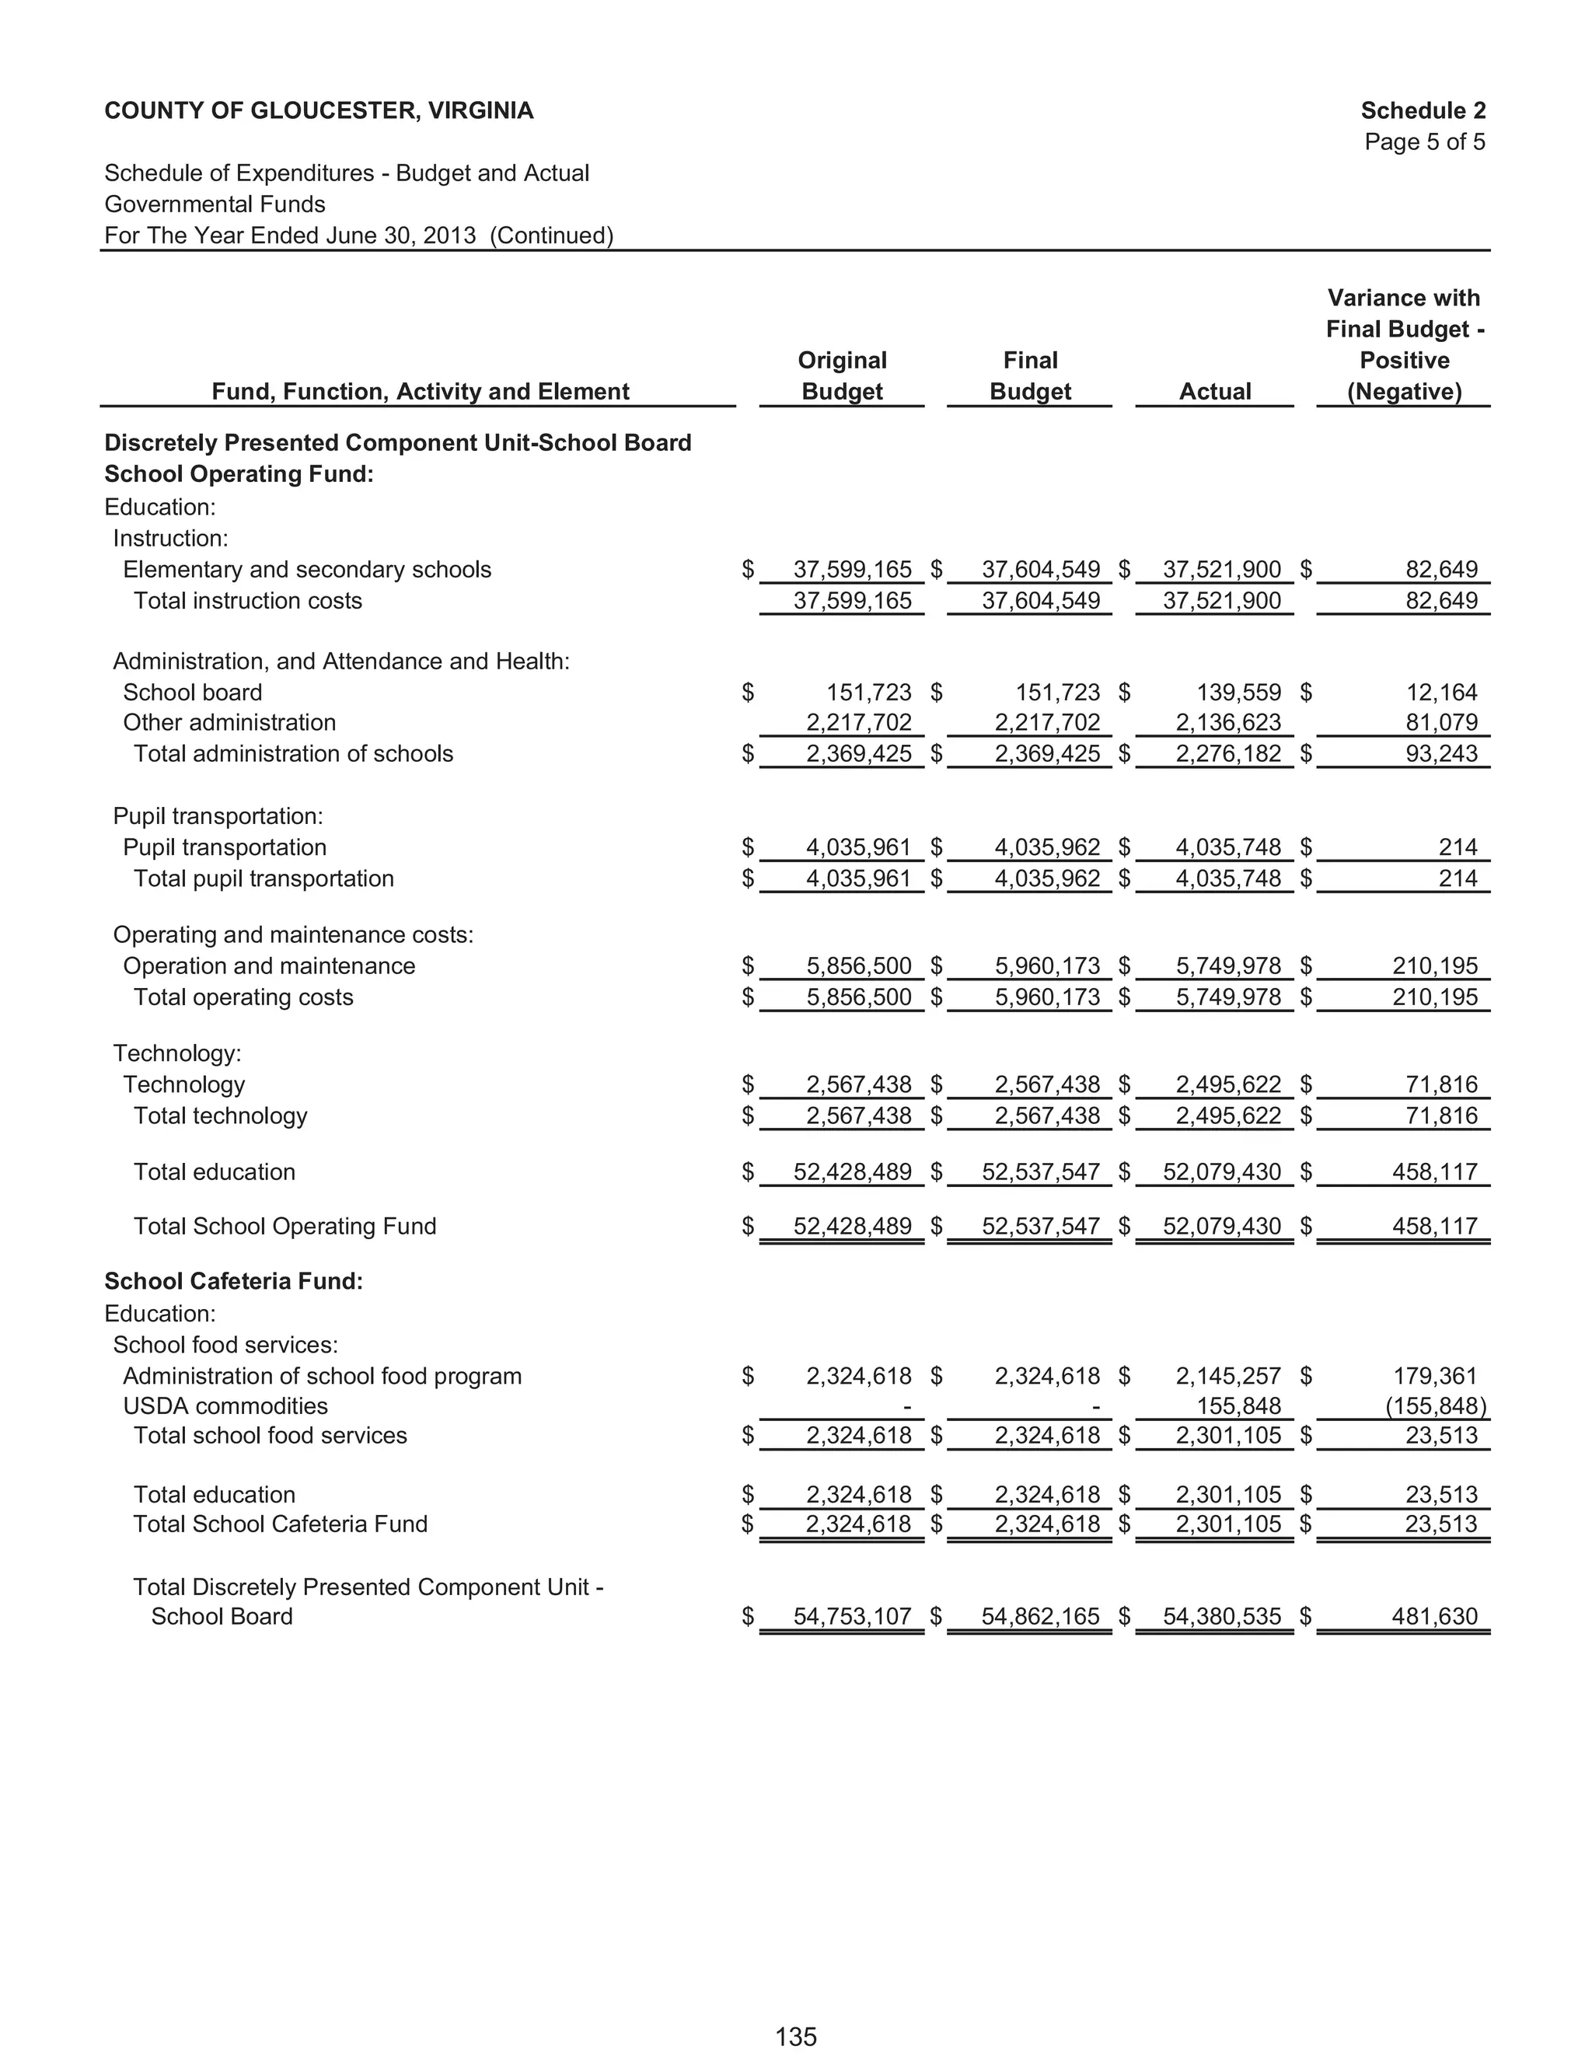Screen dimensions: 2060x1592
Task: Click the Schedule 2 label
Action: point(1423,110)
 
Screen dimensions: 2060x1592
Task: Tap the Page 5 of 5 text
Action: point(1424,141)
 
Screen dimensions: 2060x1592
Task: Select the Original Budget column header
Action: point(841,375)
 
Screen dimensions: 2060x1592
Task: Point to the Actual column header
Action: point(1215,392)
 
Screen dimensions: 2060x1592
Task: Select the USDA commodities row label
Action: point(225,1405)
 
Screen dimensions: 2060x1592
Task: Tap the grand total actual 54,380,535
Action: point(1221,1616)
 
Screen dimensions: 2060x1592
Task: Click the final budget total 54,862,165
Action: point(1040,1616)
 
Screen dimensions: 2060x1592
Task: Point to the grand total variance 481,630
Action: point(1434,1616)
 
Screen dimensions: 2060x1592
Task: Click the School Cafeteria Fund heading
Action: point(233,1281)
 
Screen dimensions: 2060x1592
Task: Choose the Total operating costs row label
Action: point(243,997)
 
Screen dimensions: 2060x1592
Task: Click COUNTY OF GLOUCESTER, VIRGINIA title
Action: point(319,110)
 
